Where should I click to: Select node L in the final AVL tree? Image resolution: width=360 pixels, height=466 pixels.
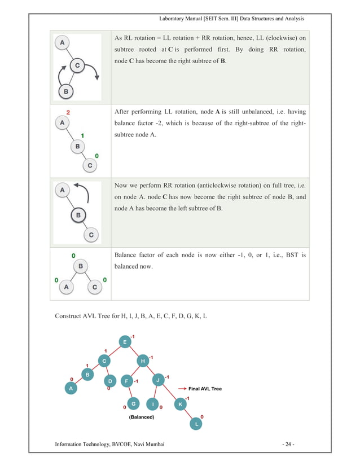pos(196,424)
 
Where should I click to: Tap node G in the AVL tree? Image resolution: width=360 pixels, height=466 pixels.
pos(133,403)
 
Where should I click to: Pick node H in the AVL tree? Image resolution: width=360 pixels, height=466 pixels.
pos(143,361)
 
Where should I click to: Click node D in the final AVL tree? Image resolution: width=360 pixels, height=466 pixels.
pos(111,381)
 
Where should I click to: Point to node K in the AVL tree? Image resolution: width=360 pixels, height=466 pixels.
pos(180,404)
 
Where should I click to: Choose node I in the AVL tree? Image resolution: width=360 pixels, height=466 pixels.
pos(152,404)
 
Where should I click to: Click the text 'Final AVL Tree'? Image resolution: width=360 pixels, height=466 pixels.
pos(205,389)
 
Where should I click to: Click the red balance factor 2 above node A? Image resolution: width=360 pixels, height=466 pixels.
pos(68,112)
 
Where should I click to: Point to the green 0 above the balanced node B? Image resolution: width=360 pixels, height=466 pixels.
pos(73,256)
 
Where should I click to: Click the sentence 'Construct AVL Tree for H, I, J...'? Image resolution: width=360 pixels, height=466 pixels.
pos(131,315)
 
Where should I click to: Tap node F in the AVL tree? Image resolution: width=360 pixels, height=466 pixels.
pos(128,381)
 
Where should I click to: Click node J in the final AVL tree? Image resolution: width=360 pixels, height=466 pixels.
pos(158,380)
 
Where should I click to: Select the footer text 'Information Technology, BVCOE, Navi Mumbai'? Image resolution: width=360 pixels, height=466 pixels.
pos(109,445)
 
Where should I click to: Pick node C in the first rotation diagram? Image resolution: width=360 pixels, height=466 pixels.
pos(77,67)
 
